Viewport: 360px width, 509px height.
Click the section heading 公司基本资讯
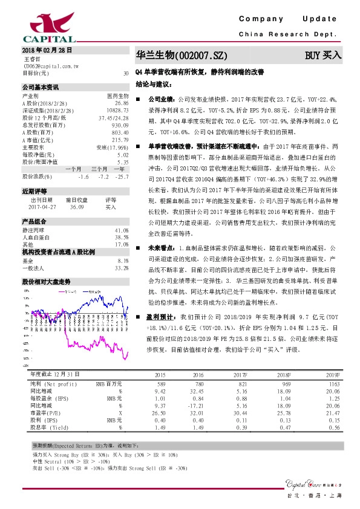[41, 87]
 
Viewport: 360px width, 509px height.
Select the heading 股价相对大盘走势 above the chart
[46, 265]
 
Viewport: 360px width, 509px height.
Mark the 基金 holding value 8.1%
[122, 260]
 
